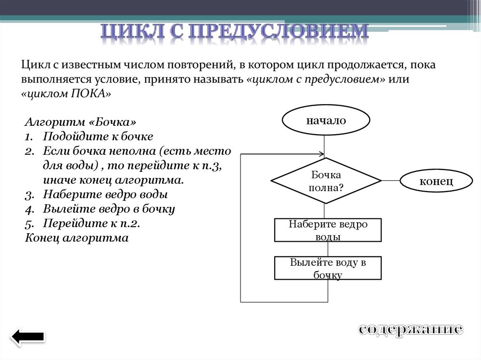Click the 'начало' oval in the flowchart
(x=326, y=121)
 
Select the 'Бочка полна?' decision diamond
(x=326, y=181)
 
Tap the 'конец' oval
(x=435, y=181)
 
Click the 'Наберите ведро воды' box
(x=327, y=230)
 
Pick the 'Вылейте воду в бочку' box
(x=327, y=268)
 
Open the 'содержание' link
(x=411, y=329)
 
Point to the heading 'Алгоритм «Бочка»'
(x=80, y=122)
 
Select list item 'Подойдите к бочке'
(x=98, y=137)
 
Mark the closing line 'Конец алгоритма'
(x=77, y=238)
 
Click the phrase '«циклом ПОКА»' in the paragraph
(x=66, y=93)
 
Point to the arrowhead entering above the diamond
(x=322, y=154)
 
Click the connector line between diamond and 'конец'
(x=390, y=181)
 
